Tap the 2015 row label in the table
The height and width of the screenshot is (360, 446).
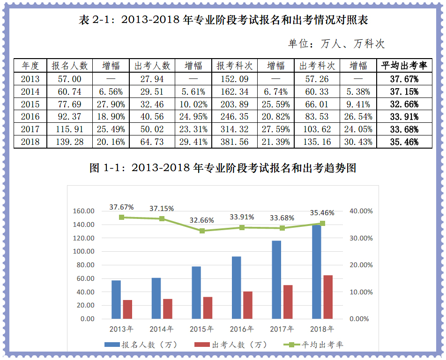(x=30, y=104)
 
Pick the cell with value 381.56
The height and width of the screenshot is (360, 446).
(x=235, y=142)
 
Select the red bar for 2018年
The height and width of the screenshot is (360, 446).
(x=328, y=297)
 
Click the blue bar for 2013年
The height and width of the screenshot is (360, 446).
(x=116, y=299)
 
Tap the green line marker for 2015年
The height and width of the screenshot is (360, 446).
(x=202, y=231)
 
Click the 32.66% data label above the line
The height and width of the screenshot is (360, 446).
(x=202, y=220)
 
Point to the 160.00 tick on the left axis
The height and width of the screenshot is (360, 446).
(x=84, y=211)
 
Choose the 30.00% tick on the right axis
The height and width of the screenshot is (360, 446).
(x=361, y=238)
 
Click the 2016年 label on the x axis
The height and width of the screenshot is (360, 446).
(x=242, y=329)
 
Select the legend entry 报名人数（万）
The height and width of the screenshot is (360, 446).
(x=141, y=345)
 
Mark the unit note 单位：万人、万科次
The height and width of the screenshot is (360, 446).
(x=336, y=44)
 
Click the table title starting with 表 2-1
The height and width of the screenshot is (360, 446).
(x=223, y=20)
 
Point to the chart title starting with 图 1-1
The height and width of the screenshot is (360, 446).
(x=223, y=167)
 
